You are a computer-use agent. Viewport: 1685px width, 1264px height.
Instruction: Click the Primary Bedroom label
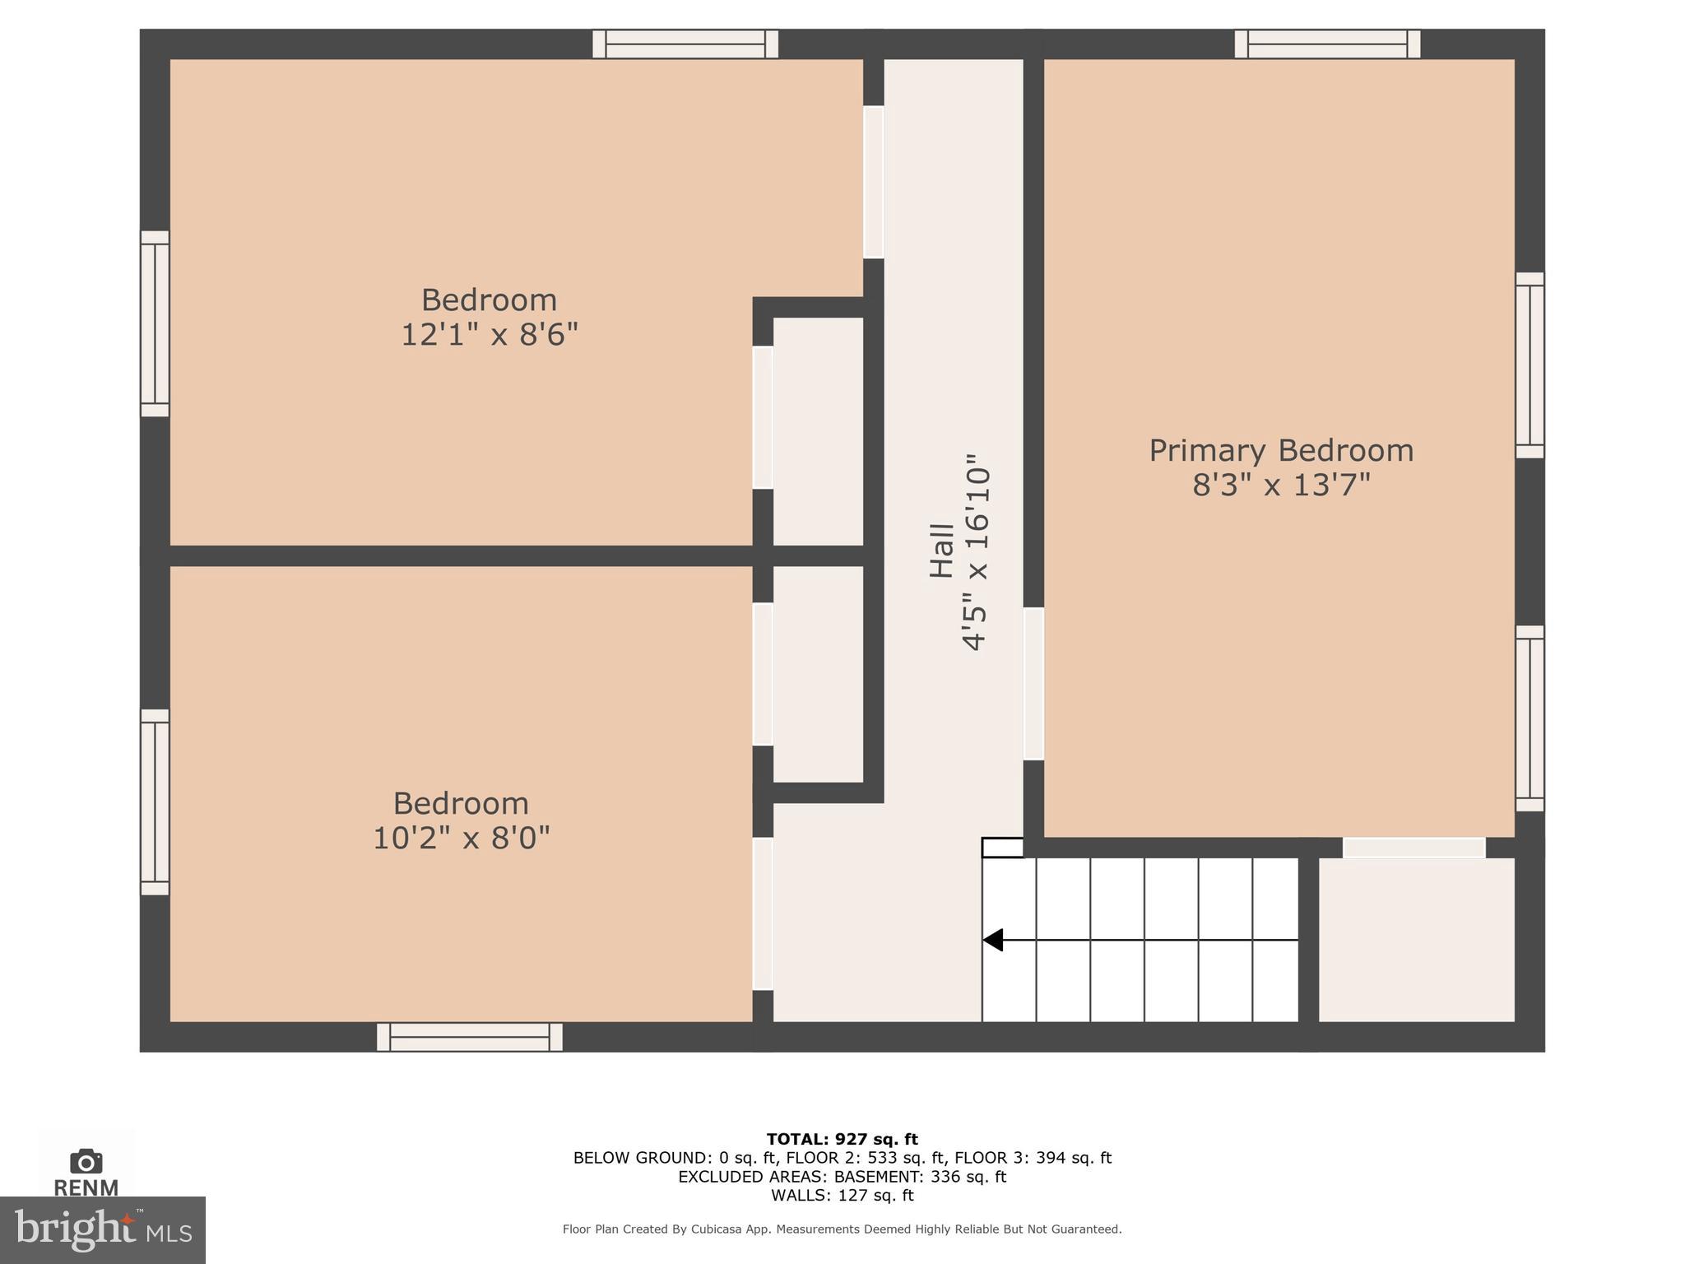pos(1281,450)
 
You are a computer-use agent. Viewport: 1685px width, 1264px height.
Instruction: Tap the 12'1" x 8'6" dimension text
pos(490,336)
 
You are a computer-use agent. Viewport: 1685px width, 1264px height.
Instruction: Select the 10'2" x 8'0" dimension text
pos(461,839)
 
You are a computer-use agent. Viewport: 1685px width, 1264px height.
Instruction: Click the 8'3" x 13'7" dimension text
pos(1281,486)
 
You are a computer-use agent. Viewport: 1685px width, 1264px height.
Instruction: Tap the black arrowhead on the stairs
pos(993,940)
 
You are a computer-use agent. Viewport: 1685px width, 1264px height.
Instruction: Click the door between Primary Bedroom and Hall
pos(1033,683)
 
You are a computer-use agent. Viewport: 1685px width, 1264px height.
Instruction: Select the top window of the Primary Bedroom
pos(1327,44)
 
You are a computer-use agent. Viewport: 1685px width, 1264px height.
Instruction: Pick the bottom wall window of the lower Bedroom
pos(469,1037)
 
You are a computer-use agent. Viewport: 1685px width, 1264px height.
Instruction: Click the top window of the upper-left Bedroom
pos(685,44)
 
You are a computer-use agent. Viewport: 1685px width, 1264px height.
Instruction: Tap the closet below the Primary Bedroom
pos(1416,940)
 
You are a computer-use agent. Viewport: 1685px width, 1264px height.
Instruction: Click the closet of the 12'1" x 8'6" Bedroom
pos(818,430)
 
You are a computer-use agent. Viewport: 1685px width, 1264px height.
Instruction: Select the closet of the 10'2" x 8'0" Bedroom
pos(818,673)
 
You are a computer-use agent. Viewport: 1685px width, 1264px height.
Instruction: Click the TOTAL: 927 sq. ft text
pos(842,1139)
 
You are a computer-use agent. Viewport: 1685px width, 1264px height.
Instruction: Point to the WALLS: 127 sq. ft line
pos(842,1195)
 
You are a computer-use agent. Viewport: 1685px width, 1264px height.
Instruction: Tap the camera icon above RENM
pos(86,1161)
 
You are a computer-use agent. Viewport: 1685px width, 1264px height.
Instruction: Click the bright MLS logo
pos(102,1229)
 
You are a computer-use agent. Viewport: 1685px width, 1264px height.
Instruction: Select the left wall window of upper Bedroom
pos(155,323)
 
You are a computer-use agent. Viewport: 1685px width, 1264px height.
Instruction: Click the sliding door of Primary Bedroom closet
pos(1413,848)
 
